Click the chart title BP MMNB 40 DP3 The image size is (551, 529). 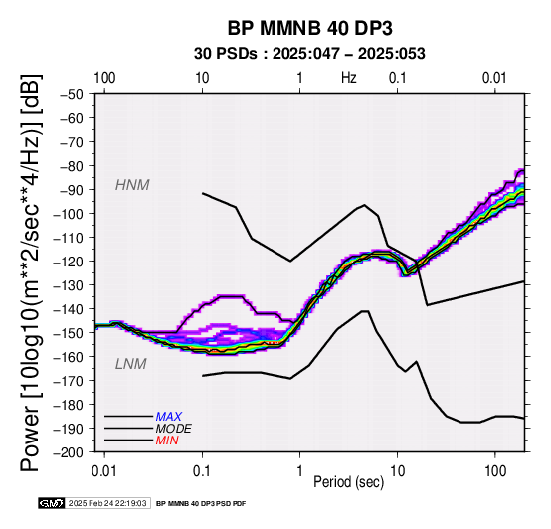[x=309, y=28]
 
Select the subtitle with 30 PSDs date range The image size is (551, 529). [x=309, y=54]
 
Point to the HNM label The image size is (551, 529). [x=132, y=185]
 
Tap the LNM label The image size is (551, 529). [x=131, y=364]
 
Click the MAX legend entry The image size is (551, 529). [x=169, y=417]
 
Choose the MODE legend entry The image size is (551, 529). [x=174, y=429]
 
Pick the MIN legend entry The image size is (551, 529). [x=167, y=441]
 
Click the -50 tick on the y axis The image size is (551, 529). [x=72, y=94]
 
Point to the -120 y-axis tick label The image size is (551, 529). [x=69, y=262]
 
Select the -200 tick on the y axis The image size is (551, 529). [x=69, y=452]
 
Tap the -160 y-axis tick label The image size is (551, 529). [x=69, y=357]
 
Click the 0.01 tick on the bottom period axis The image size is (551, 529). [x=104, y=471]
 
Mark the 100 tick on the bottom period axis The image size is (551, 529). [x=495, y=471]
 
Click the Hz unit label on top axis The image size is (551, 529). [x=349, y=78]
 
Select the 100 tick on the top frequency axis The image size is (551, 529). [x=104, y=78]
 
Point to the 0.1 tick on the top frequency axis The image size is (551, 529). [x=398, y=78]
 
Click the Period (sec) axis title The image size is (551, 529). [x=348, y=482]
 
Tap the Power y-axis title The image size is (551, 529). [x=31, y=272]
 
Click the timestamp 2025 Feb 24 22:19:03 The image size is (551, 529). [x=107, y=503]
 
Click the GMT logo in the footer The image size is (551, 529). [x=52, y=503]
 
